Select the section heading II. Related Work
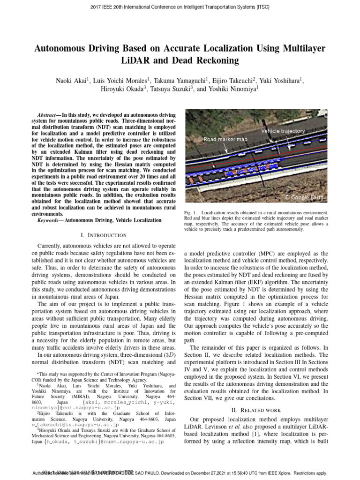[x=256, y=410]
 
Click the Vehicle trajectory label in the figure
[x=283, y=131]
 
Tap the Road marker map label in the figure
[x=225, y=139]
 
